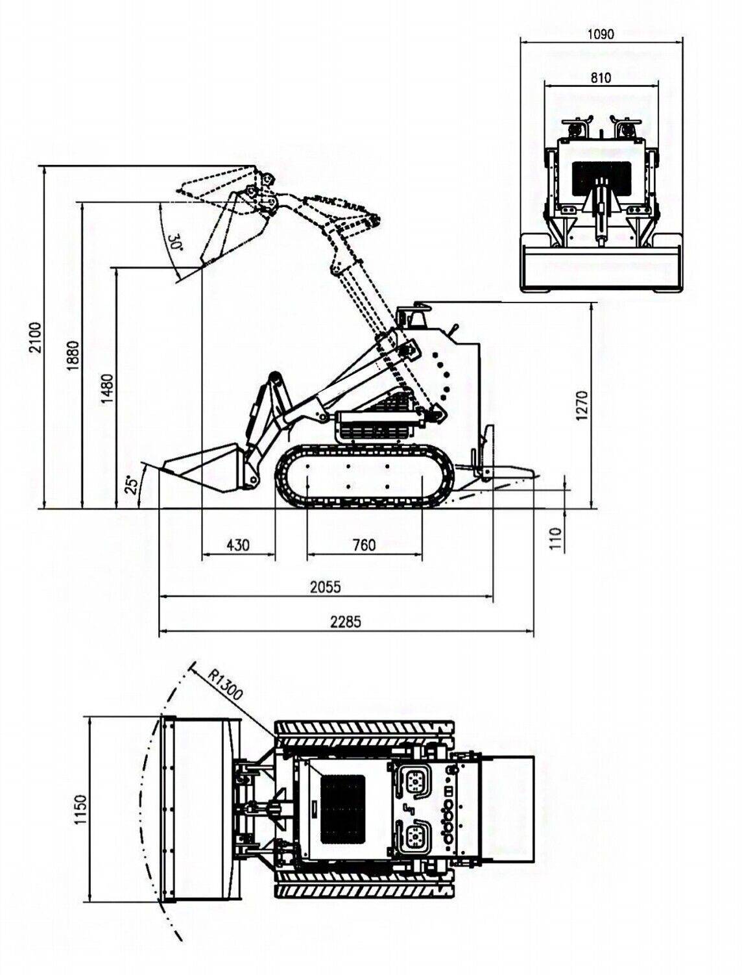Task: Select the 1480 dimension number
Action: (x=108, y=389)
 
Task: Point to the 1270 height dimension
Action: (x=582, y=405)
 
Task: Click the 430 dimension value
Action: (x=239, y=545)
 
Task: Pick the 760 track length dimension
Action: (x=364, y=545)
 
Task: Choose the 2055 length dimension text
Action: (x=325, y=587)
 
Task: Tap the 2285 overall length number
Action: (x=345, y=621)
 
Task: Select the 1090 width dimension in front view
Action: (x=601, y=34)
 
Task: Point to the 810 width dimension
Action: (x=601, y=77)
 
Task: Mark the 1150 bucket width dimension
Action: (x=80, y=809)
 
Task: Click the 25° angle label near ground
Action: (x=132, y=484)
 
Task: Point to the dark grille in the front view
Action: (x=601, y=177)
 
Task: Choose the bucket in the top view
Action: (x=201, y=809)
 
